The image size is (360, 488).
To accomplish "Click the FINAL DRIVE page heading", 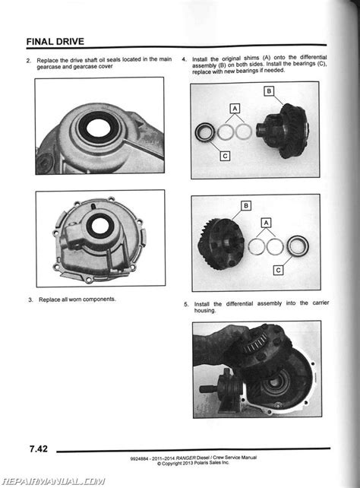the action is click(x=55, y=42).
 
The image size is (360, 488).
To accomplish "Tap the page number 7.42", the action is click(x=39, y=448).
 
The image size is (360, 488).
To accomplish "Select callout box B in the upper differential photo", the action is click(x=269, y=91).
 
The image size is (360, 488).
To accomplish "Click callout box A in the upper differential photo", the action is click(x=235, y=109).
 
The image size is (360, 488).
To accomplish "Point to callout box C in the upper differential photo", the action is click(x=225, y=156).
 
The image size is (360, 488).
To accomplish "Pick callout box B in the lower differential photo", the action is click(x=246, y=206).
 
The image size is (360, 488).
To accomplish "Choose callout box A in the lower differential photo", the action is click(x=266, y=223).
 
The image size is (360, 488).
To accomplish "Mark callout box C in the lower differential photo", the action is click(x=278, y=270).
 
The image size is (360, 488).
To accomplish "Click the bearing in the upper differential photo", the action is click(x=205, y=132).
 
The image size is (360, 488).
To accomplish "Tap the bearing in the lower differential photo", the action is click(x=298, y=246).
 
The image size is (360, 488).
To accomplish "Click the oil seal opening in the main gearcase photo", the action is click(x=98, y=128).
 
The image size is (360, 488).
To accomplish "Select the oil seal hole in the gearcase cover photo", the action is click(x=99, y=225).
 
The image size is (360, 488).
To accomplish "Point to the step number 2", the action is click(x=29, y=61).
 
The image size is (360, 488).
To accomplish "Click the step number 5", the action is click(x=186, y=305).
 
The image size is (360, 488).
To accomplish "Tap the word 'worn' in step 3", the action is click(x=74, y=299).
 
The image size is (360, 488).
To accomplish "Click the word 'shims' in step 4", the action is click(x=251, y=59).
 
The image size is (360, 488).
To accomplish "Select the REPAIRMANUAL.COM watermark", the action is click(x=53, y=481).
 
